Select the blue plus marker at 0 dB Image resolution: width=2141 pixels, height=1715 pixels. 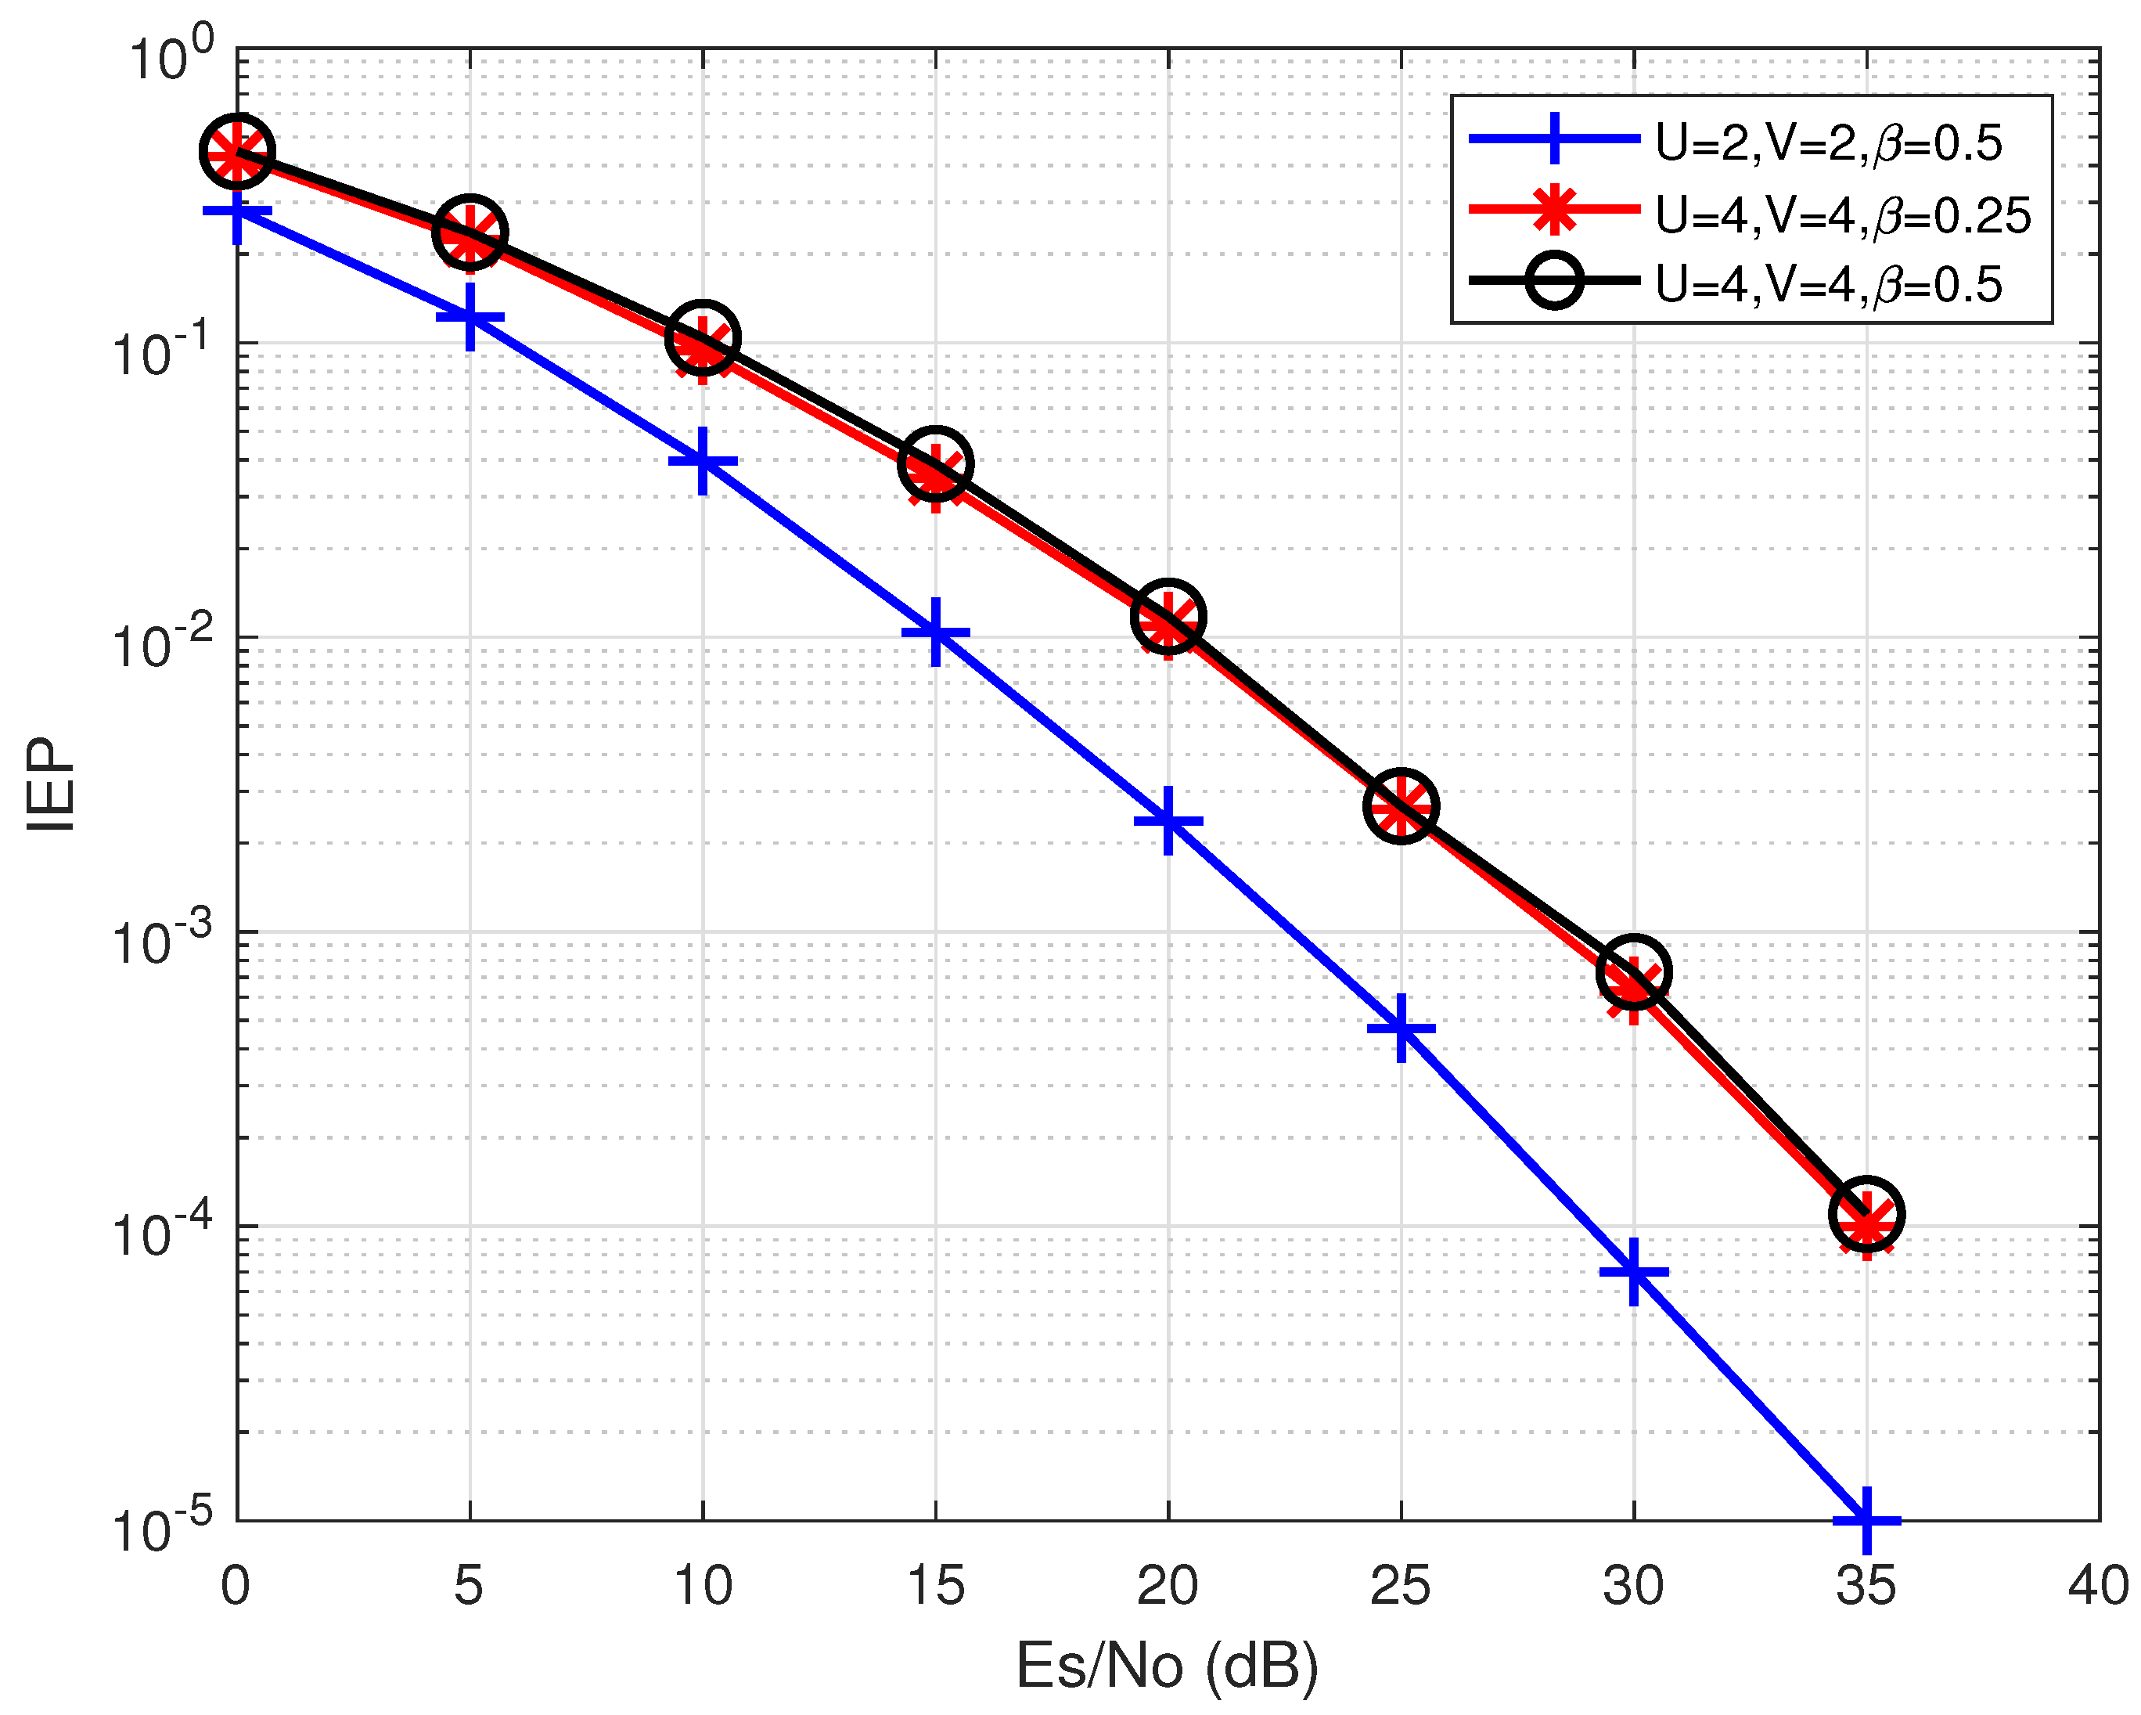(236, 211)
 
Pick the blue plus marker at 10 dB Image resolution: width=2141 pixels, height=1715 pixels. (703, 462)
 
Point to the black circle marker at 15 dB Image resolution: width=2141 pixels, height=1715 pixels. (935, 463)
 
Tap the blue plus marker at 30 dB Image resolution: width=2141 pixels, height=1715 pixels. (1635, 1272)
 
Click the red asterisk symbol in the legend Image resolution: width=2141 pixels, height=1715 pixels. (1555, 210)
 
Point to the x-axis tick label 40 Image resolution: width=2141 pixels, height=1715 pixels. (2098, 1586)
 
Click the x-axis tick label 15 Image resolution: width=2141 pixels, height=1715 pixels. (935, 1586)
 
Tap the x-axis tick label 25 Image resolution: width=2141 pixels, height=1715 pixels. (1400, 1586)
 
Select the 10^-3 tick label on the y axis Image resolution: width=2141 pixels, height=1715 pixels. (162, 940)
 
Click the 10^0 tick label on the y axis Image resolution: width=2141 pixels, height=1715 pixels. (171, 56)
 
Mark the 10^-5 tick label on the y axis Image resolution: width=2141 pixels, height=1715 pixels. (162, 1528)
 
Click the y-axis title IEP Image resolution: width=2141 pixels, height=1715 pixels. (51, 784)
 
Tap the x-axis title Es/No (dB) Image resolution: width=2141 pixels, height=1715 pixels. (1168, 1666)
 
